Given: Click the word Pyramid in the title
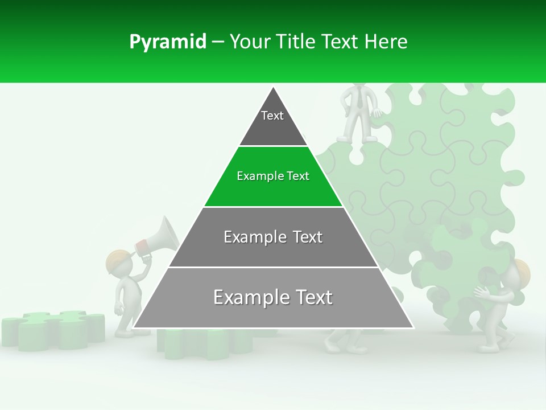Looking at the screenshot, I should point(167,42).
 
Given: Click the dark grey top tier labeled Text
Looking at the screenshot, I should point(273,122).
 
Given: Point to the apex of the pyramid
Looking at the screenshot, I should point(274,89).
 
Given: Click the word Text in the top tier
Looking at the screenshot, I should point(272,116).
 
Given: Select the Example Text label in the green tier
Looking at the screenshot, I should point(273,176).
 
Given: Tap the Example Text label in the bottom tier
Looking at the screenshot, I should point(273,297).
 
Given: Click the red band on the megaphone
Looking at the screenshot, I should point(142,246).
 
